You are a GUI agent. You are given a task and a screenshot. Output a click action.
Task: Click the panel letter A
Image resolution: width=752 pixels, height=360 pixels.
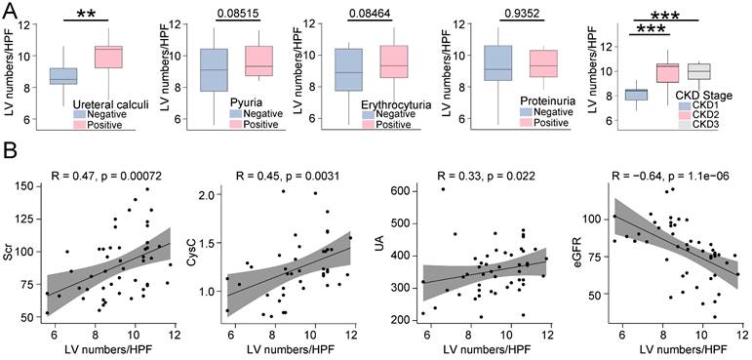tap(9, 8)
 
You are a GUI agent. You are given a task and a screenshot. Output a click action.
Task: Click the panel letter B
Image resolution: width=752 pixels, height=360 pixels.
tap(9, 153)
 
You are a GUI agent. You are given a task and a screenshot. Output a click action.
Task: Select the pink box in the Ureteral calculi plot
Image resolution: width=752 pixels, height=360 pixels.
tap(108, 58)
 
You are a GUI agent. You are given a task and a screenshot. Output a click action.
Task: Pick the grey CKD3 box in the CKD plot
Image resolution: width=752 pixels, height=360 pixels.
tap(698, 71)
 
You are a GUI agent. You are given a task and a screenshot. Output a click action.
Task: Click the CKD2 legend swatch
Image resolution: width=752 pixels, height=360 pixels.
tap(687, 115)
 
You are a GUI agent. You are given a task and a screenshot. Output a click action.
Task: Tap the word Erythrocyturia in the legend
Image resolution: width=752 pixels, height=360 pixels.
tap(388, 103)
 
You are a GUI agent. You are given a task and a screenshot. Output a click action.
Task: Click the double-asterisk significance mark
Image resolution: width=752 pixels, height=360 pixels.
tap(87, 13)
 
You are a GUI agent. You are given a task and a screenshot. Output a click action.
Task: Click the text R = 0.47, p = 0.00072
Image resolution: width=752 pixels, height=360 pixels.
tap(106, 177)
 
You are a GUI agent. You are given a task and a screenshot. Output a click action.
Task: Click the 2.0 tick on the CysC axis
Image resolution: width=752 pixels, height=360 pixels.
tap(213, 195)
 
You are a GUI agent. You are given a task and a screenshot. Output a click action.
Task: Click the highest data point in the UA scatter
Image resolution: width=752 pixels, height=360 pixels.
tap(443, 189)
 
